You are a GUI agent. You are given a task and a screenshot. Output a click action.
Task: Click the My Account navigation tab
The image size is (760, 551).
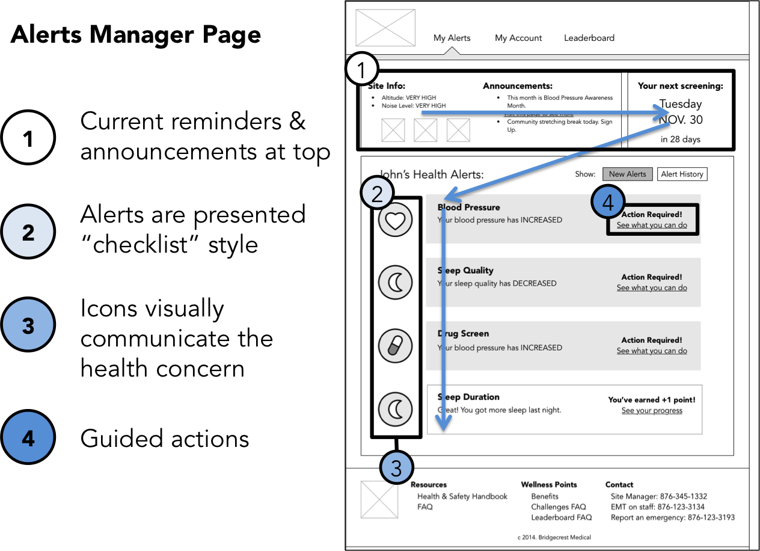(x=518, y=38)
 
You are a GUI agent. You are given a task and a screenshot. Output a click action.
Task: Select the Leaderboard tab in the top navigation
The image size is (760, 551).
(x=589, y=38)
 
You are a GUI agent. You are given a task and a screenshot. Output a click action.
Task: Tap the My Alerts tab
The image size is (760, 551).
(x=452, y=38)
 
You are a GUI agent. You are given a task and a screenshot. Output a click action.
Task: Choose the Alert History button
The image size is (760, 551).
(x=682, y=174)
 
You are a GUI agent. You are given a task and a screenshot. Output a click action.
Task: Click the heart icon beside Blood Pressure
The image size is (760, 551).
(x=395, y=221)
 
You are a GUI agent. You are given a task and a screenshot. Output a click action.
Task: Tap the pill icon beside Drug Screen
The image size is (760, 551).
(x=395, y=346)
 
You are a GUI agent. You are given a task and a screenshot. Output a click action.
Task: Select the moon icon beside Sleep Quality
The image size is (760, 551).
(x=395, y=282)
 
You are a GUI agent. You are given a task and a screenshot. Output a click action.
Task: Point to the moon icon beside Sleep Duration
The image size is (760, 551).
(x=395, y=410)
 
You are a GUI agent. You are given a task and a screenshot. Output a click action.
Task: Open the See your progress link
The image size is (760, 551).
(x=652, y=411)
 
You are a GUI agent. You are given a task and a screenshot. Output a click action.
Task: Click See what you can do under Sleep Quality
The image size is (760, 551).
(x=652, y=288)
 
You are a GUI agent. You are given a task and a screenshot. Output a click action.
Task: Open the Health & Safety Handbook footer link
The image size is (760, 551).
(x=462, y=496)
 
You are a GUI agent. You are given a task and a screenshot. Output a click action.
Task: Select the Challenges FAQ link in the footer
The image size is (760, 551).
(x=558, y=507)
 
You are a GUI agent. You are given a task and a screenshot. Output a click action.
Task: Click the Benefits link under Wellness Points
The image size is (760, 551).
(x=545, y=496)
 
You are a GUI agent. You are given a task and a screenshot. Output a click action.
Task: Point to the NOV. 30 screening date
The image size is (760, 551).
(x=681, y=120)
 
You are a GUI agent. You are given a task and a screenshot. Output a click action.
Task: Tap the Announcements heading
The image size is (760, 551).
(x=518, y=86)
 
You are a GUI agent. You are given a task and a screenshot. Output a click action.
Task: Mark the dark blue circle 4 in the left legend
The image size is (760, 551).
(x=28, y=439)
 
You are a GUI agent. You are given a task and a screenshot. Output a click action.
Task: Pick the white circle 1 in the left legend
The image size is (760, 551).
(x=28, y=138)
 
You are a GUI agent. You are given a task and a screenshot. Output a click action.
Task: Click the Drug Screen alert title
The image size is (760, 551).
(x=464, y=334)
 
